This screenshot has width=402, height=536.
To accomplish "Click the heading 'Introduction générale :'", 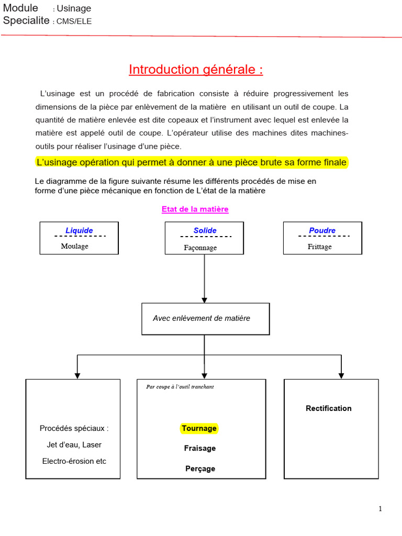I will [x=196, y=70].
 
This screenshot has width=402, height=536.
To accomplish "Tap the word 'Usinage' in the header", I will [x=74, y=8].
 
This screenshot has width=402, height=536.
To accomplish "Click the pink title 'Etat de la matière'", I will [x=195, y=209].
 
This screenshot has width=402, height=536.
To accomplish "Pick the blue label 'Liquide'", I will [x=79, y=230].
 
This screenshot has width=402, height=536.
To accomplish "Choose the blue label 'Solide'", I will [x=205, y=230].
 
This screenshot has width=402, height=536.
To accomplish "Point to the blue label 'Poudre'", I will [x=322, y=230].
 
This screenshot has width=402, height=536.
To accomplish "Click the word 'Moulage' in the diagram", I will [x=74, y=246].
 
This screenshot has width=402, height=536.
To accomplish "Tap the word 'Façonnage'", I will [x=200, y=248].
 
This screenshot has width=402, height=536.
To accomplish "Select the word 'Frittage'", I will [x=320, y=247].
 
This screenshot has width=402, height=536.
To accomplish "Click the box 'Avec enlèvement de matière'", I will [x=202, y=318].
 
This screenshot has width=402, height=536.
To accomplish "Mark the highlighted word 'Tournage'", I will [x=199, y=428].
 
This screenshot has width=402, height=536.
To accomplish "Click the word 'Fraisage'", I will [x=199, y=448].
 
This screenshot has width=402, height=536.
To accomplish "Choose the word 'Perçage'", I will [x=200, y=468].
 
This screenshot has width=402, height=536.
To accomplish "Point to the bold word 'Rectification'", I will [x=329, y=408].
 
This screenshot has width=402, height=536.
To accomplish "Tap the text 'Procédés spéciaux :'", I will [x=74, y=428].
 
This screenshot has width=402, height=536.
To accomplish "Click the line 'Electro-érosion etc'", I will [x=74, y=461].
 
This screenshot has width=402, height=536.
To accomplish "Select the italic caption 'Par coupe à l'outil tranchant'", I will [x=180, y=387].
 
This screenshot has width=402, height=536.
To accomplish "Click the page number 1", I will [x=381, y=509].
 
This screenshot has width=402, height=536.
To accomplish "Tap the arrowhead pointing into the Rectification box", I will [x=341, y=375].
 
